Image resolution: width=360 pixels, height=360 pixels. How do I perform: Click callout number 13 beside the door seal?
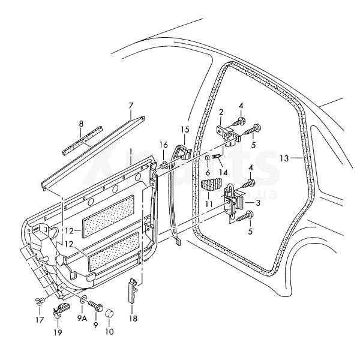(x=284, y=158)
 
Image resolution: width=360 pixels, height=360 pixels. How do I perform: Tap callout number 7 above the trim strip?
(x=130, y=106)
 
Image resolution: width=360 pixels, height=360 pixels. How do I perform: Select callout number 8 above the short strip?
(x=81, y=125)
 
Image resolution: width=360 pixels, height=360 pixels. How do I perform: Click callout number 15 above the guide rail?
(x=184, y=130)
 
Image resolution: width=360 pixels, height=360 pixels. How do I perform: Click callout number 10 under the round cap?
(x=109, y=330)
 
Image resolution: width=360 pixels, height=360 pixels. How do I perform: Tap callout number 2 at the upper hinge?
(x=221, y=112)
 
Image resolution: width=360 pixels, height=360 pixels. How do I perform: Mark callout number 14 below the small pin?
(x=224, y=172)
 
